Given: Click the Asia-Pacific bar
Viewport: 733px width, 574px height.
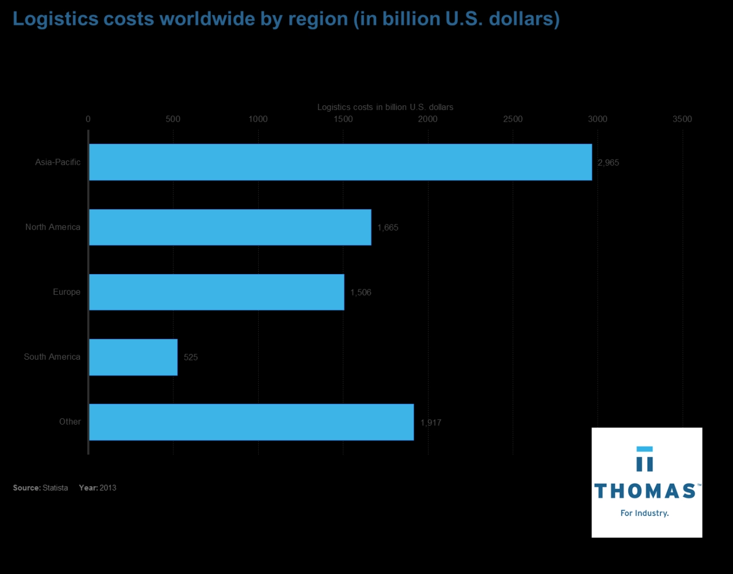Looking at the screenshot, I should click(x=341, y=162).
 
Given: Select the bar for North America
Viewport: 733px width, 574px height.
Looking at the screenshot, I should click(x=230, y=227).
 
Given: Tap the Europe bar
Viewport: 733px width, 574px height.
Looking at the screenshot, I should click(x=217, y=292).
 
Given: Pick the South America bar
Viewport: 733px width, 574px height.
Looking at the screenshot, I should click(x=133, y=357).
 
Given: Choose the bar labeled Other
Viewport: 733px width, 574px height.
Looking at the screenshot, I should click(x=251, y=422).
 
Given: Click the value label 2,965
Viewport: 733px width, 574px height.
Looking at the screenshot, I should click(x=608, y=162).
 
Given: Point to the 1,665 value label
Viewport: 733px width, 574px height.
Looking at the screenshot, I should click(x=387, y=227).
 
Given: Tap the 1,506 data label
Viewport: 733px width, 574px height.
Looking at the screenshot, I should click(x=360, y=292).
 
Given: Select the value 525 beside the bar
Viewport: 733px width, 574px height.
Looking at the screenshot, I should click(x=191, y=357).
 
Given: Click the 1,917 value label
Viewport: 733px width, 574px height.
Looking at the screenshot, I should click(x=430, y=422).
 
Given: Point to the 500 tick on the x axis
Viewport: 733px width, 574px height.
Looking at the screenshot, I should click(x=173, y=119).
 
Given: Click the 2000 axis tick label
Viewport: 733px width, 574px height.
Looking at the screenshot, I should click(x=427, y=119).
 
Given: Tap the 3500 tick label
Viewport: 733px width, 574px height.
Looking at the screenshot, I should click(x=682, y=119).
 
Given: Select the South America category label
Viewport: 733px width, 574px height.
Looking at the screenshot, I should click(x=52, y=356).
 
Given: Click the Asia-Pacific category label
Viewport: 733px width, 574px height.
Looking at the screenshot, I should click(x=58, y=162).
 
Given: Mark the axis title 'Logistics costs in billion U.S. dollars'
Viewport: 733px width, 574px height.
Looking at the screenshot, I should click(x=385, y=107).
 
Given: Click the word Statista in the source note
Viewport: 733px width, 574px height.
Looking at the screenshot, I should click(x=55, y=488).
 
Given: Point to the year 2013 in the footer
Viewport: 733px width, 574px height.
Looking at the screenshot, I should click(x=108, y=488).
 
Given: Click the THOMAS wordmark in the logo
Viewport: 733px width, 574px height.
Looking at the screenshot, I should click(x=645, y=491).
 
